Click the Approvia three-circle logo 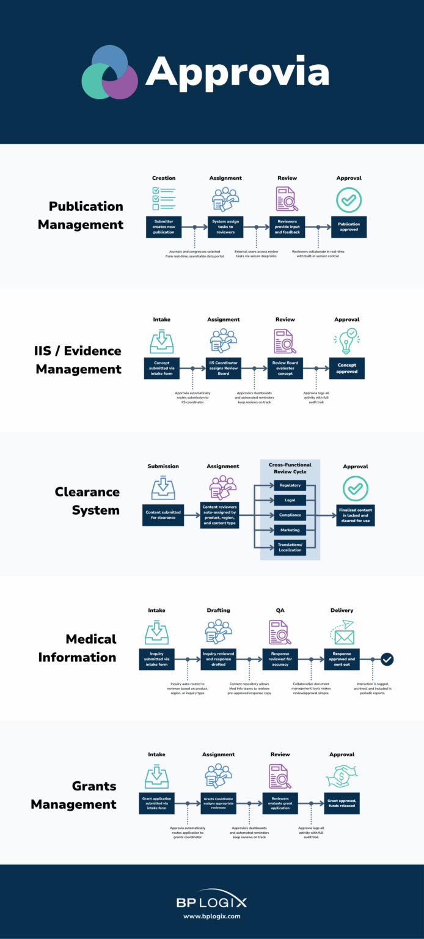tap(110, 73)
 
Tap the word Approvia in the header tap(237, 72)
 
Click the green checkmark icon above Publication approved tap(349, 199)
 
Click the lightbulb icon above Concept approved tap(346, 341)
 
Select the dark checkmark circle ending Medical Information tap(387, 659)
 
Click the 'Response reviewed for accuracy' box tap(280, 659)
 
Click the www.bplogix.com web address tap(212, 916)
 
